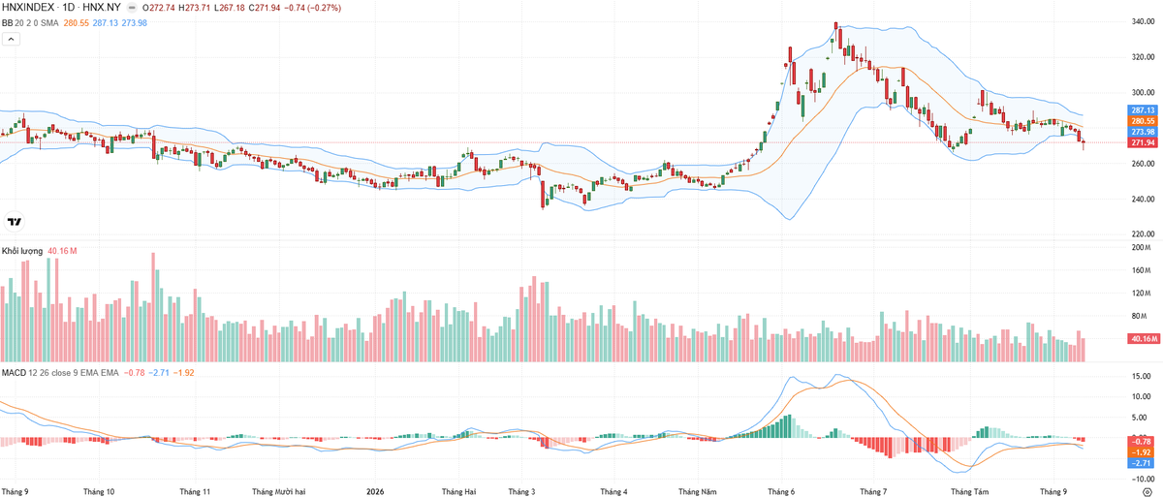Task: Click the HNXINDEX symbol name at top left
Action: point(28,8)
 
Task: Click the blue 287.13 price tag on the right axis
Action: point(1143,110)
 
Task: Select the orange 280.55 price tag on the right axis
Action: point(1143,121)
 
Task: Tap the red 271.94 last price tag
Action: point(1143,142)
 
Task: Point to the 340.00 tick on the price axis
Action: point(1143,21)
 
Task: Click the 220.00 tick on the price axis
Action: point(1143,234)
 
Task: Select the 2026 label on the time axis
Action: point(375,491)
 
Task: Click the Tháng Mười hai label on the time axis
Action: point(279,491)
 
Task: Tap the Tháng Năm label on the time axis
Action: point(697,491)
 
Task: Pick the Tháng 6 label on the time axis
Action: point(781,491)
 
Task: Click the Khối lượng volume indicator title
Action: point(22,251)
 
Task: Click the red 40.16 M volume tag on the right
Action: point(1144,339)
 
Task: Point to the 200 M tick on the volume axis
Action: point(1144,247)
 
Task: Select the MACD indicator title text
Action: point(14,373)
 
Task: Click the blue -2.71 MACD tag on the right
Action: point(1142,463)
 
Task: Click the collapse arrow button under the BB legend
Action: point(11,39)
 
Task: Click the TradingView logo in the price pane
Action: point(15,222)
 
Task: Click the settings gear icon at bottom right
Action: point(1147,491)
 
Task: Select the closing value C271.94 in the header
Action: point(265,8)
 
